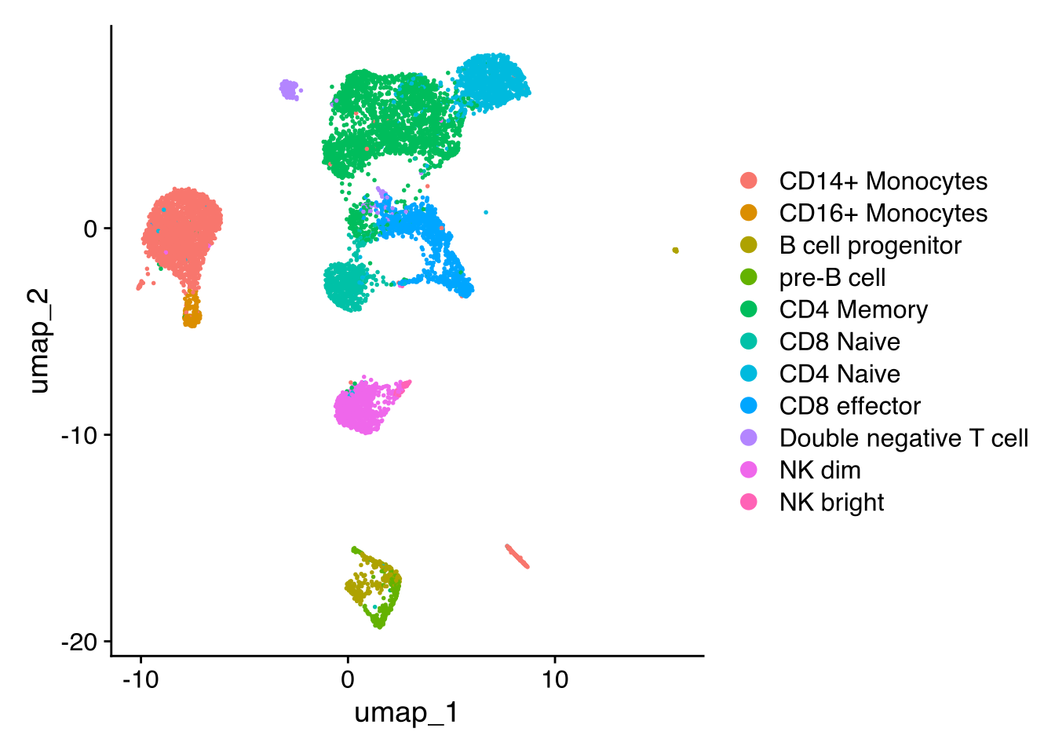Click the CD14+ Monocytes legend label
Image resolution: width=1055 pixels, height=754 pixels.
pyautogui.click(x=883, y=181)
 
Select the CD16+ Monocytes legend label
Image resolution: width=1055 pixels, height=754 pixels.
pyautogui.click(x=883, y=214)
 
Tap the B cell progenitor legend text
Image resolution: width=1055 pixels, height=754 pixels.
pyautogui.click(x=870, y=246)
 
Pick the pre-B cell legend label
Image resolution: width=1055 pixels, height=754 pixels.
pyautogui.click(x=832, y=278)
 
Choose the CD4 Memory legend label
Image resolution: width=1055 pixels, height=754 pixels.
pyautogui.click(x=853, y=310)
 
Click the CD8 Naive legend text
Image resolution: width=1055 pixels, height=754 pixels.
pyautogui.click(x=839, y=342)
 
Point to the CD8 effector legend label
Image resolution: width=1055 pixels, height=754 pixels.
pyautogui.click(x=849, y=406)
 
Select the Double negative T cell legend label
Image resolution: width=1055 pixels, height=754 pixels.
pyautogui.click(x=904, y=438)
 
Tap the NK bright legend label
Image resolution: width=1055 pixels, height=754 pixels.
pyautogui.click(x=831, y=503)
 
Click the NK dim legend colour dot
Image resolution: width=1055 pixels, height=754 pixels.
pyautogui.click(x=749, y=470)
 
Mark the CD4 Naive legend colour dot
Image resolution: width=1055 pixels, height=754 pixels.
pyautogui.click(x=749, y=374)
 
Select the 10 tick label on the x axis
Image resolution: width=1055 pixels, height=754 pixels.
pyautogui.click(x=554, y=679)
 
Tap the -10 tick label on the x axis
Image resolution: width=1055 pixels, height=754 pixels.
pyautogui.click(x=141, y=679)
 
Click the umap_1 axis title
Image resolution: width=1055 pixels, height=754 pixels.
pyautogui.click(x=406, y=713)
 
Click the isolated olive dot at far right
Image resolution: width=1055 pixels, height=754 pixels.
pyautogui.click(x=675, y=251)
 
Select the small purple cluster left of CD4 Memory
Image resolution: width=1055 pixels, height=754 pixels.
pyautogui.click(x=290, y=90)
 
